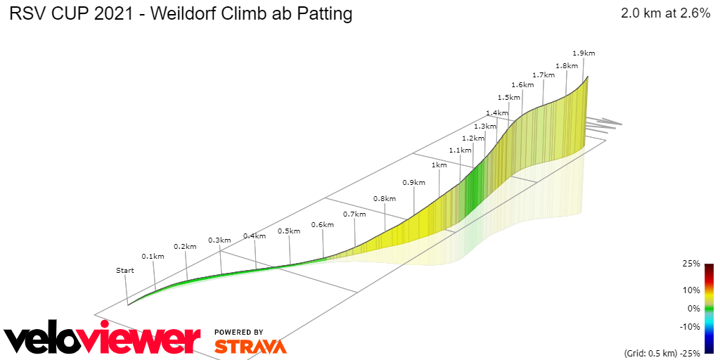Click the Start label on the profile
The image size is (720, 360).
tap(124, 270)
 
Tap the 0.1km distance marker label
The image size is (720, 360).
tap(153, 256)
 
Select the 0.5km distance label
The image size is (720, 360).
tap(289, 231)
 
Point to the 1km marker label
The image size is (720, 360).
tap(439, 165)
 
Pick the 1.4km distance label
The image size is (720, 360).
tap(496, 112)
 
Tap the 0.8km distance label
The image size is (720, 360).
tap(385, 198)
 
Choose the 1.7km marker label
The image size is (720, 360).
tap(544, 75)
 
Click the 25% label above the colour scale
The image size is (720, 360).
tap(691, 264)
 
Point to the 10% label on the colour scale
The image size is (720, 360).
tap(691, 290)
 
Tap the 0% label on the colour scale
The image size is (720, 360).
tap(693, 308)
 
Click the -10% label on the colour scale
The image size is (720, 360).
tap(689, 326)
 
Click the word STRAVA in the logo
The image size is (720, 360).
tap(250, 347)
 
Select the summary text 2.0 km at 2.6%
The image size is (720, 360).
tap(665, 13)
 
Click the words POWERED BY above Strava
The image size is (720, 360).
tap(239, 332)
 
